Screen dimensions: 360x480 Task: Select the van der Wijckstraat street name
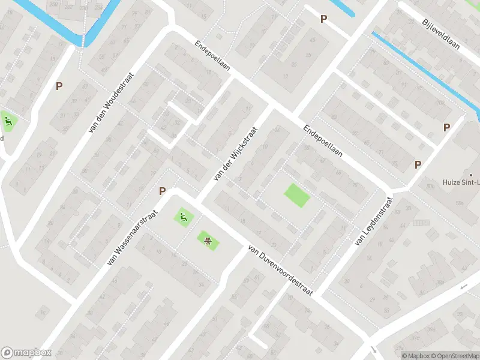click(235, 155)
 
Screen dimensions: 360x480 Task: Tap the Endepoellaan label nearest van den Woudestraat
click(213, 58)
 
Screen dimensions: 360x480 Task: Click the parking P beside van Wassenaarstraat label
click(162, 191)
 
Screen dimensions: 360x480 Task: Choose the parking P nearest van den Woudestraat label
click(59, 86)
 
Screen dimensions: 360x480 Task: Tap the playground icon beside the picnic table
click(183, 217)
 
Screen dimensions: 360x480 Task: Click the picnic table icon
click(208, 241)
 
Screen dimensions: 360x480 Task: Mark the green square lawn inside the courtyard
click(296, 195)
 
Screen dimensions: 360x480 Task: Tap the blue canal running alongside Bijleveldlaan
click(420, 66)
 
